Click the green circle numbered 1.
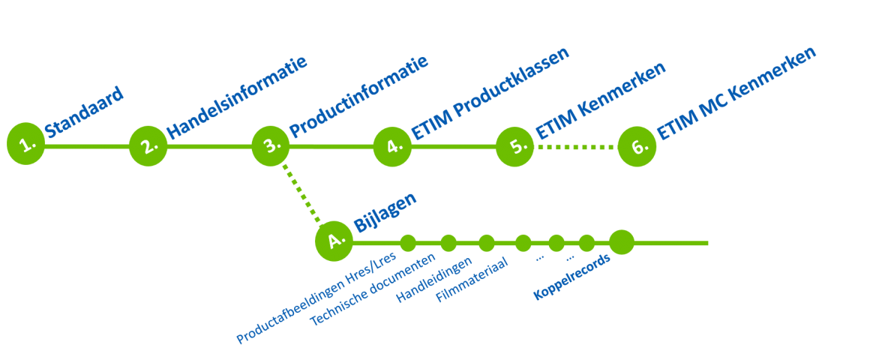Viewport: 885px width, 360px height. (26, 143)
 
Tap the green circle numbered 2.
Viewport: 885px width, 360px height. (148, 145)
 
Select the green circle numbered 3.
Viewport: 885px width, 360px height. (270, 145)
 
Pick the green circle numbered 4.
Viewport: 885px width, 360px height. (392, 146)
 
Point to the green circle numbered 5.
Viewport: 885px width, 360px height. (514, 146)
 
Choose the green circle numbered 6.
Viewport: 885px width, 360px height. (637, 146)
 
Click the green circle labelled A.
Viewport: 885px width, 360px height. (334, 241)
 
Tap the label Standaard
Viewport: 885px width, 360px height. (84, 112)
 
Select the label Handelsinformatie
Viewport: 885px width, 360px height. (236, 98)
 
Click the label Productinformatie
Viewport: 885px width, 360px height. (358, 97)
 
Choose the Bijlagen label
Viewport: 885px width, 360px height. (385, 212)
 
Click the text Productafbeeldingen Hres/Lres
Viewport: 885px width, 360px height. (316, 298)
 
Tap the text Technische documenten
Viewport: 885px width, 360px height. (372, 289)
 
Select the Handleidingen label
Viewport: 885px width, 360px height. (434, 280)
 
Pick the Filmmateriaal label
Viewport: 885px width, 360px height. (472, 280)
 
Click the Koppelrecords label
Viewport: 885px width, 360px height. (571, 277)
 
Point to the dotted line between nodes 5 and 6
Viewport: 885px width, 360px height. (575, 147)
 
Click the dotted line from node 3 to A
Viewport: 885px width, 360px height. (301, 193)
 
